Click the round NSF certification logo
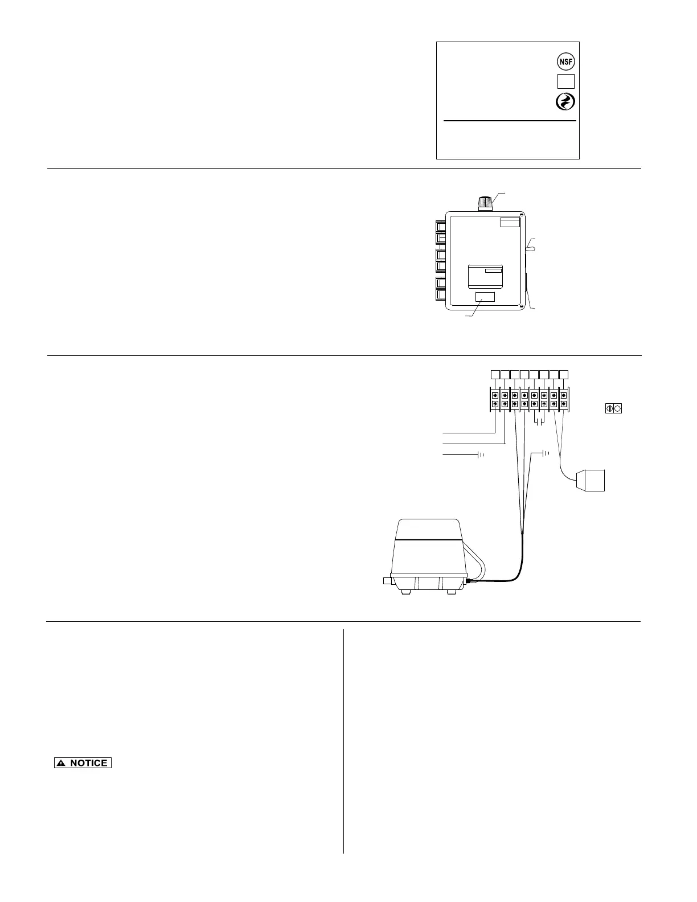tap(565, 61)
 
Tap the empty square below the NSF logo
tap(565, 81)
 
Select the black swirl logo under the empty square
tap(565, 102)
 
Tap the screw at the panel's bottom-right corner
tap(521, 307)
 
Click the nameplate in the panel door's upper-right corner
tap(510, 222)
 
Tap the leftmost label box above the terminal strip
tap(495, 374)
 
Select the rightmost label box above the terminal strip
tap(564, 374)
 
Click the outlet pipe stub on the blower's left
tap(388, 581)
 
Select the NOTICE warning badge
tap(83, 763)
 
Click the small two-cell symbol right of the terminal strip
tap(613, 408)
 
